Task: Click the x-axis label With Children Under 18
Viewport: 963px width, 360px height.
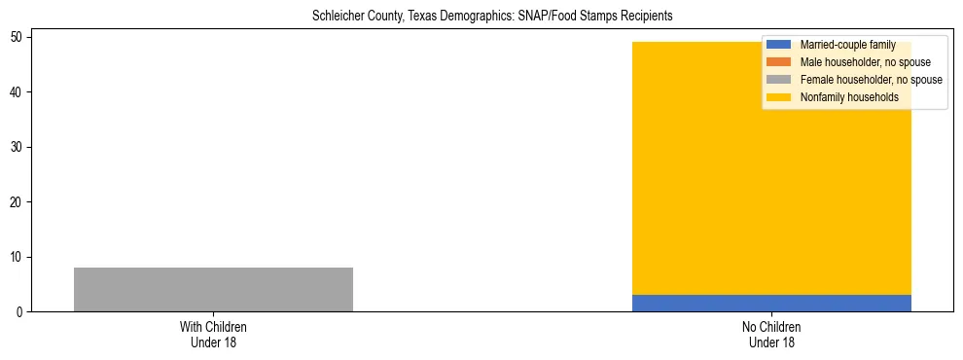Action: click(x=213, y=334)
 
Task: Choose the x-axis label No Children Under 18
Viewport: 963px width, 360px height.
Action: click(x=770, y=334)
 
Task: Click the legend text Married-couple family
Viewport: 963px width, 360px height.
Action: click(x=847, y=45)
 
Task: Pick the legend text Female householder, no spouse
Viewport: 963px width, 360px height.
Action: click(x=871, y=80)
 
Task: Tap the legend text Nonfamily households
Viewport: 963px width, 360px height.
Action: click(x=849, y=97)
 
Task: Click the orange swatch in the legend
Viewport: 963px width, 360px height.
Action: click(x=778, y=62)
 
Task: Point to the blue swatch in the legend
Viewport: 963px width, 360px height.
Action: click(x=778, y=45)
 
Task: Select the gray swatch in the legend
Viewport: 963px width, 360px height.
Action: click(x=778, y=80)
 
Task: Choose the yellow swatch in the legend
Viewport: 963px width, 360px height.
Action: click(x=778, y=97)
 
